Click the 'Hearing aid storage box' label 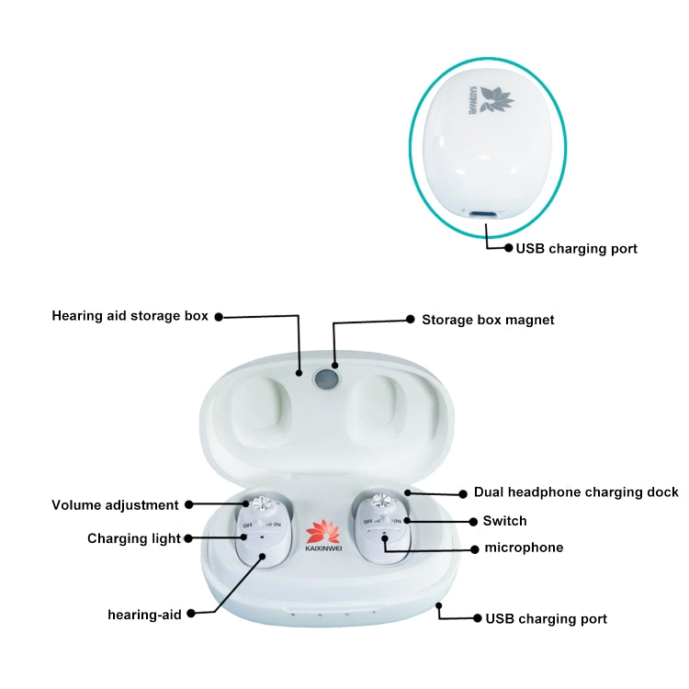click(x=130, y=316)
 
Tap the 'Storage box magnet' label click(x=488, y=320)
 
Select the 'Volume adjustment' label click(x=115, y=504)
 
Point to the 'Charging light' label click(x=134, y=538)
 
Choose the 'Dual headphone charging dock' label click(x=576, y=492)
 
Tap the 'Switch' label click(x=504, y=521)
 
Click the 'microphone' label click(x=524, y=548)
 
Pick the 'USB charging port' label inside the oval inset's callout click(x=576, y=248)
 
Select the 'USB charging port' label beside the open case click(x=546, y=618)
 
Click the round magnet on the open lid click(x=327, y=378)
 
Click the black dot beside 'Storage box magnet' click(x=411, y=320)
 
